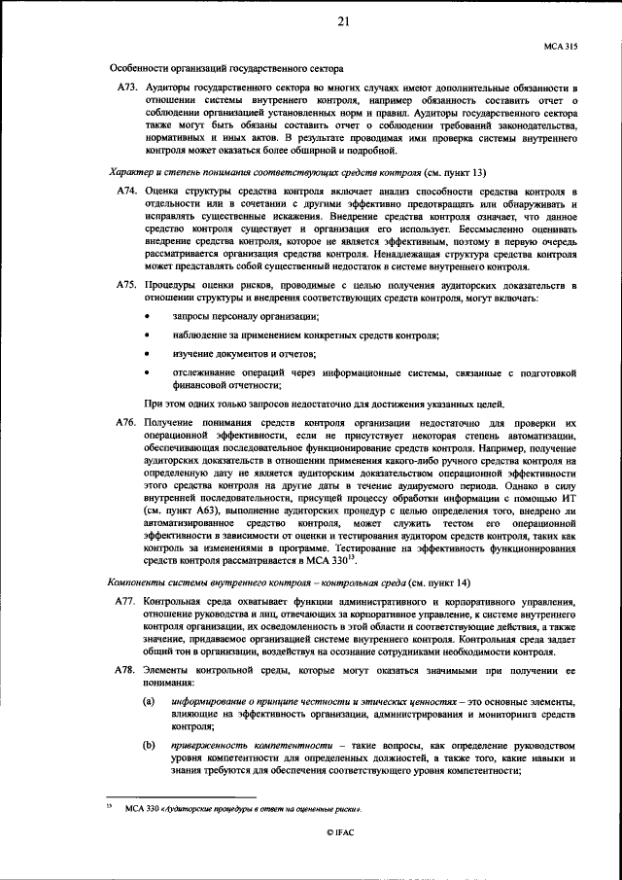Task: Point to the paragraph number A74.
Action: [126, 194]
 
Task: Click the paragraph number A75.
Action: [126, 285]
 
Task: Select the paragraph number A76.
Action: [126, 424]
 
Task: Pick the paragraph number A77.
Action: [126, 603]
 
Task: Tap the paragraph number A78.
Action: [126, 672]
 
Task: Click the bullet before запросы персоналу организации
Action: [148, 318]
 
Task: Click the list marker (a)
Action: [149, 702]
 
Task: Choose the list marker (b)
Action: [149, 744]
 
